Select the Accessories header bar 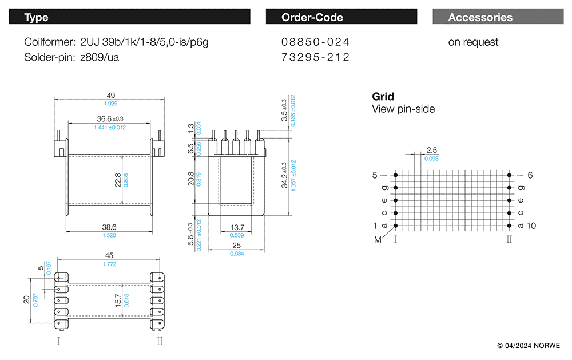494,17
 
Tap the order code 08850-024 315,42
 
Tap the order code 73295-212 315,57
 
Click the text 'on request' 473,42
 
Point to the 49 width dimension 110,96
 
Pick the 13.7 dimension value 236,227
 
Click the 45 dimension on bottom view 109,256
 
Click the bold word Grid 383,97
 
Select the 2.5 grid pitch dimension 432,151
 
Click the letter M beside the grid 378,240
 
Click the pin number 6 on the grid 530,175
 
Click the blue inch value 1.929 110,104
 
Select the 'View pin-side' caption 403,109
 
